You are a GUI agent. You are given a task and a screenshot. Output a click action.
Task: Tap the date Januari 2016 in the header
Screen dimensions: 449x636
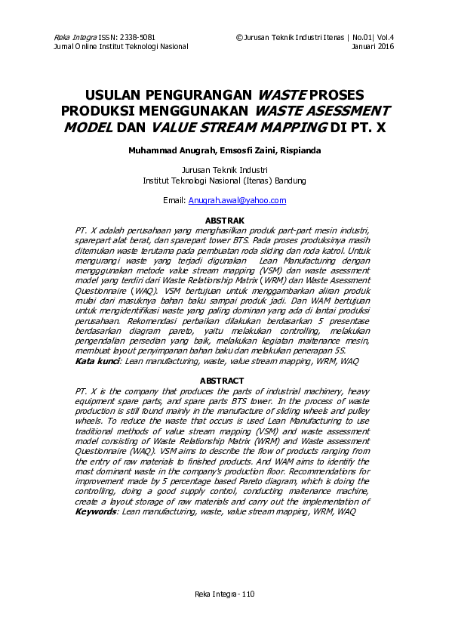[x=374, y=46]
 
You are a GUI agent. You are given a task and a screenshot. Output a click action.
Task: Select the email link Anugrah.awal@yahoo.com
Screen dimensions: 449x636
[x=237, y=200]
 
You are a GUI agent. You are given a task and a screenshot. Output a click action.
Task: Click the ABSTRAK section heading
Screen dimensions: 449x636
[x=224, y=219]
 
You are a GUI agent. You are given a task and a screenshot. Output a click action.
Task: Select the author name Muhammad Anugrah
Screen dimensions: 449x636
[x=159, y=150]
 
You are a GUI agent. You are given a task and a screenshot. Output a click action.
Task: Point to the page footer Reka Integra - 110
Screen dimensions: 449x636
[x=224, y=594]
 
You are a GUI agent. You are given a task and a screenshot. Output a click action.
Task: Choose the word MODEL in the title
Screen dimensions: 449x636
[x=87, y=128]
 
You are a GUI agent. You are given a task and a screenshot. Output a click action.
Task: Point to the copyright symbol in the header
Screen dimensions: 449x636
[x=238, y=37]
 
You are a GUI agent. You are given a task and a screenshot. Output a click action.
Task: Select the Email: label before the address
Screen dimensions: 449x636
[x=174, y=200]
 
